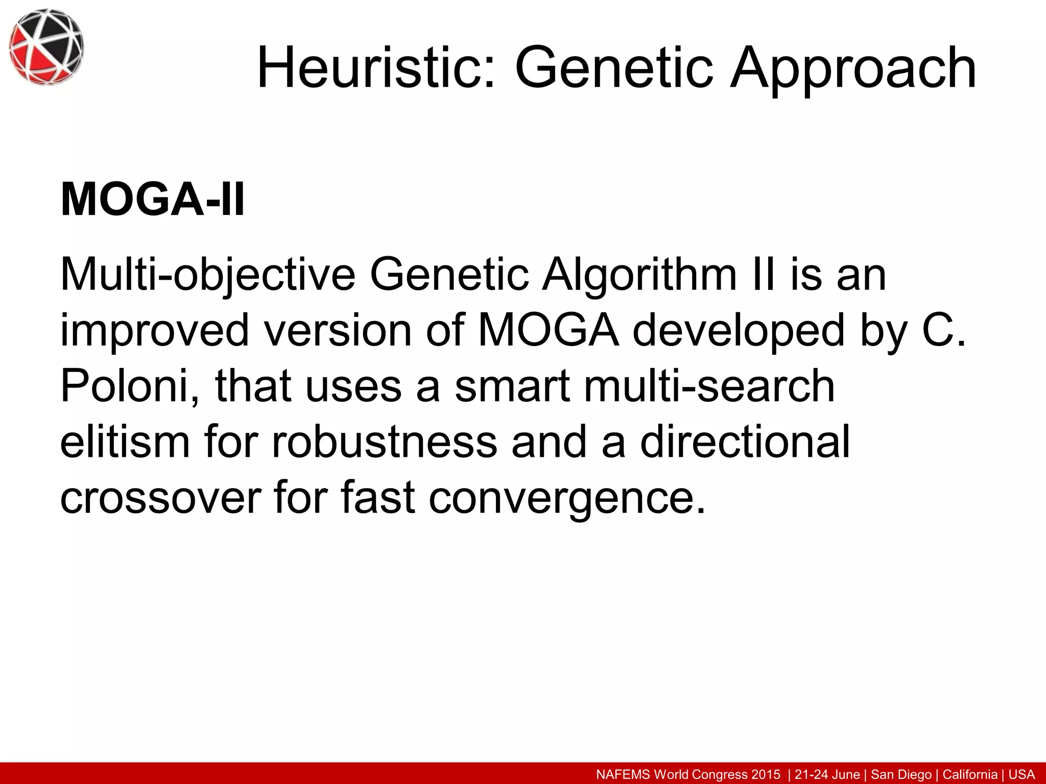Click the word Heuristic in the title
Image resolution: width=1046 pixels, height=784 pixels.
(375, 68)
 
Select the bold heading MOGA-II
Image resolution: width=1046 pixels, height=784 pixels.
(152, 200)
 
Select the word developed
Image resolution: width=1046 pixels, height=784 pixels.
(739, 331)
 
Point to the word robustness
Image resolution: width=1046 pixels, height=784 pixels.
(384, 442)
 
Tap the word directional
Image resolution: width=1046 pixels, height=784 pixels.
(745, 442)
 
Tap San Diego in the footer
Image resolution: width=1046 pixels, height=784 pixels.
(901, 774)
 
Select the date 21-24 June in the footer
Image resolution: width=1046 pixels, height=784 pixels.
(827, 774)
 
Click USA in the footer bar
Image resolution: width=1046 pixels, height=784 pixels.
(1021, 774)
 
